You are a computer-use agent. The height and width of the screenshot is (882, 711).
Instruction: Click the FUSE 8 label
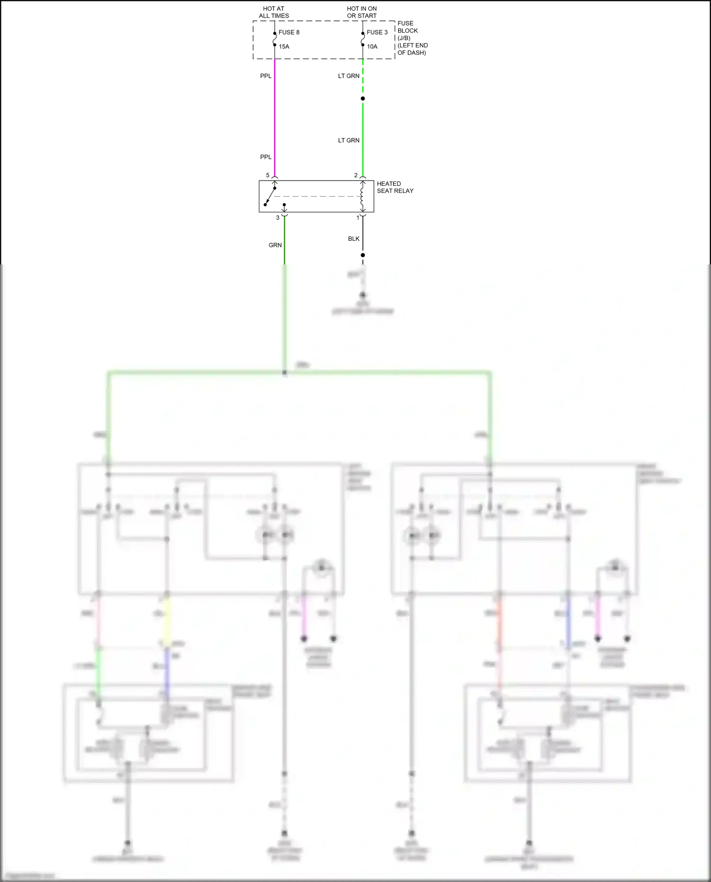[289, 32]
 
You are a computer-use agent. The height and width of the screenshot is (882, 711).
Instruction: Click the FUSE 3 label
[377, 32]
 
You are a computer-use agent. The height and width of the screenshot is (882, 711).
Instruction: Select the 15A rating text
[284, 46]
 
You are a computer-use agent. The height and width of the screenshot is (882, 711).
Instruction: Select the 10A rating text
[372, 46]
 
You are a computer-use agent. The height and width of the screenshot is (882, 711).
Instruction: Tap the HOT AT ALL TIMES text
[273, 12]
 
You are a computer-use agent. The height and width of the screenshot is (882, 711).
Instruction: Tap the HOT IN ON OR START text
[362, 12]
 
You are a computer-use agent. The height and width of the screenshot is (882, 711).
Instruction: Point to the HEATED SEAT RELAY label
[395, 187]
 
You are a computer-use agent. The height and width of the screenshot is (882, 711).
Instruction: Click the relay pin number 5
[268, 175]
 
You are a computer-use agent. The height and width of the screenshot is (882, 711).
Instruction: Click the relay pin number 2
[356, 175]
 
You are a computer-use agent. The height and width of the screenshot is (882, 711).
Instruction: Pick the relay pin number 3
[278, 218]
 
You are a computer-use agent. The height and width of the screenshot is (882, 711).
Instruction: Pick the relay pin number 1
[358, 218]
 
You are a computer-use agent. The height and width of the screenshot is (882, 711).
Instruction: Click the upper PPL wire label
[266, 76]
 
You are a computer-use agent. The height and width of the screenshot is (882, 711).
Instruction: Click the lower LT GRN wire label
[348, 140]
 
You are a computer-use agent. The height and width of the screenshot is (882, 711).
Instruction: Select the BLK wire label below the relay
[354, 239]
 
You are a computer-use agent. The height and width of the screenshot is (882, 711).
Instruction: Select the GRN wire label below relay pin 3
[275, 245]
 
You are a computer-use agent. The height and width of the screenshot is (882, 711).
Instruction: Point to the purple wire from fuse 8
[275, 118]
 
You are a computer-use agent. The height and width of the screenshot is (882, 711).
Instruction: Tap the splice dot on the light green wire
[363, 99]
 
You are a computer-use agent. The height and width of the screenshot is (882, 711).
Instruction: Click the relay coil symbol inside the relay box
[362, 196]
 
